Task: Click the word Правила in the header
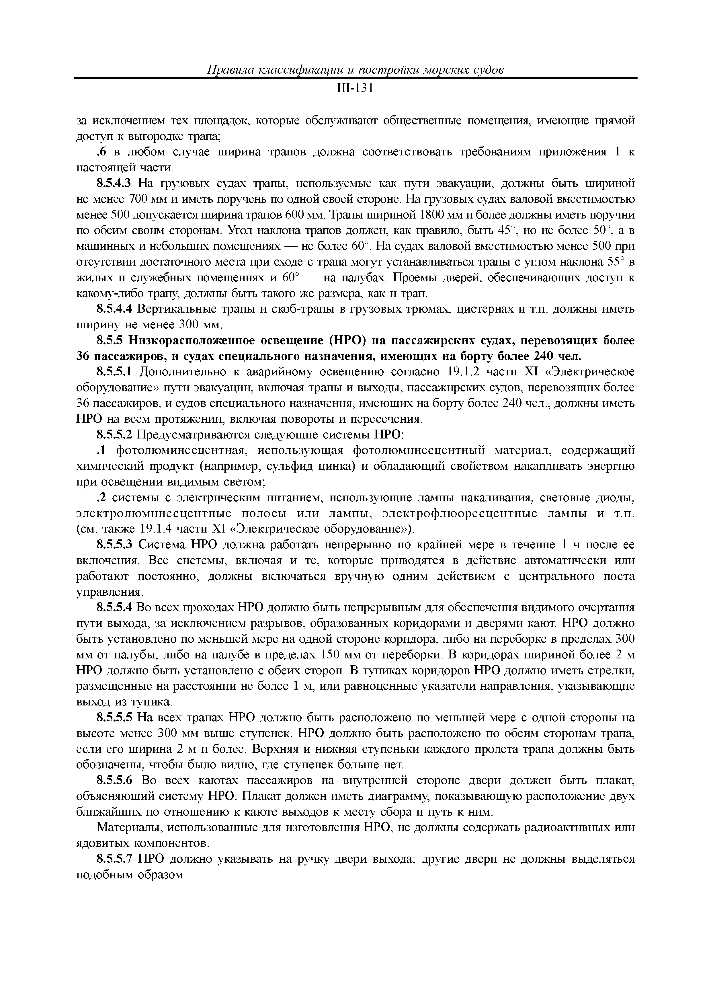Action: (229, 70)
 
